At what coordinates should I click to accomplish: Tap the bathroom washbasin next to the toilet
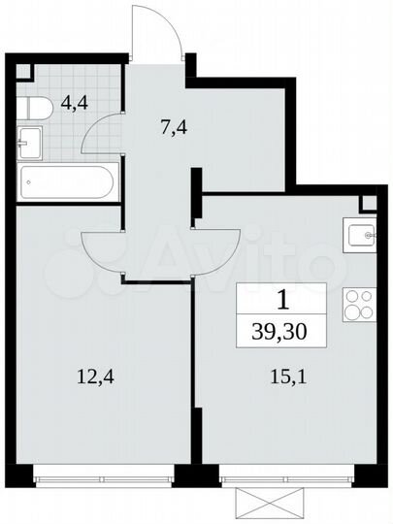(28, 143)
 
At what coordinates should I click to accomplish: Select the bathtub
(67, 181)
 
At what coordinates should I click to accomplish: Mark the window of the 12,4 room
(102, 475)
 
